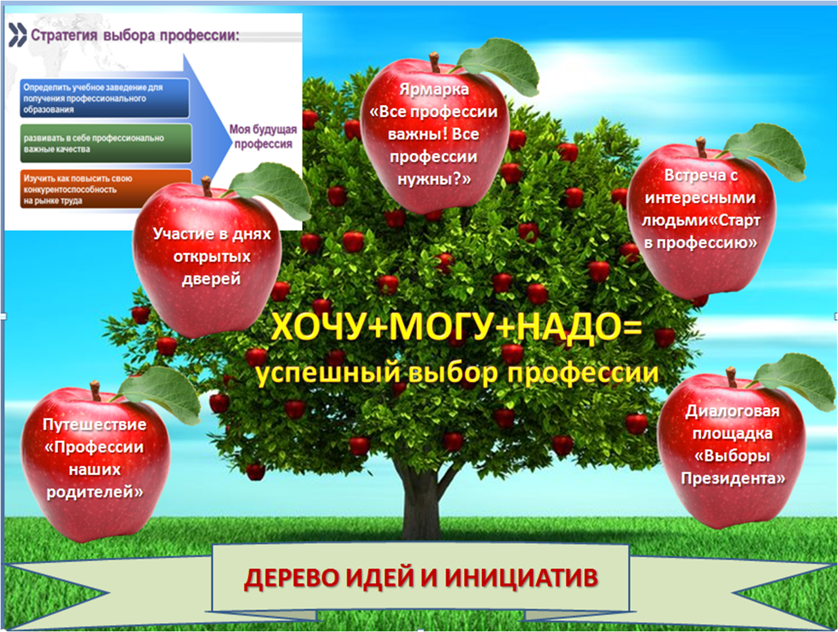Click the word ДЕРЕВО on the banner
click(x=291, y=578)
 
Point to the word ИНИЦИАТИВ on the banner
click(x=521, y=577)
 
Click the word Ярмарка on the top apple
click(x=434, y=89)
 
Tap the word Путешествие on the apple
click(x=94, y=425)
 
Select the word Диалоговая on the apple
click(x=732, y=411)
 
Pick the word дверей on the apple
click(x=211, y=279)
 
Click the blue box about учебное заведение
click(x=105, y=98)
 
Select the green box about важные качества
click(x=106, y=144)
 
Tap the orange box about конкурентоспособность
click(x=106, y=189)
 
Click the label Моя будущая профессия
click(x=263, y=137)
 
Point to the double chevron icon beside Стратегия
click(x=18, y=35)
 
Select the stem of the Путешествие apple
click(x=95, y=390)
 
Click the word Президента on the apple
click(x=733, y=478)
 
